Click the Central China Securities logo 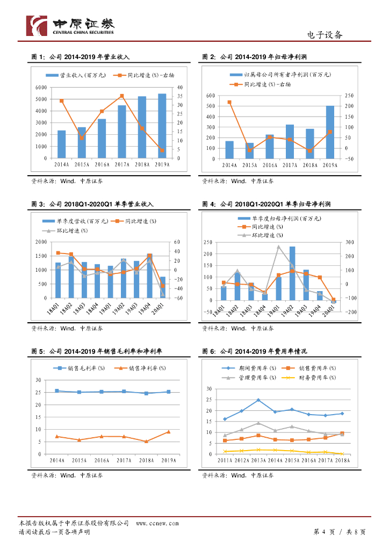[x=70, y=25]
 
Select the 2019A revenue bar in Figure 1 [x=162, y=126]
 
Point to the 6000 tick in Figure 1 [x=39, y=87]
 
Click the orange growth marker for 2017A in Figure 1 [x=122, y=96]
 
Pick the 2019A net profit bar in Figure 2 [x=329, y=132]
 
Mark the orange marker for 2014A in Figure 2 [x=229, y=102]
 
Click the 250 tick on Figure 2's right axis [x=349, y=96]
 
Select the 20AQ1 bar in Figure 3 [x=162, y=287]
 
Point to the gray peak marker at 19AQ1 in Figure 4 [x=279, y=247]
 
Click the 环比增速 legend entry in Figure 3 [x=70, y=230]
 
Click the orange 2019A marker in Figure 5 [x=169, y=431]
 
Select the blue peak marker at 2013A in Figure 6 [x=258, y=400]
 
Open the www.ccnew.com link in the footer [x=157, y=523]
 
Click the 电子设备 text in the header [x=324, y=35]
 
